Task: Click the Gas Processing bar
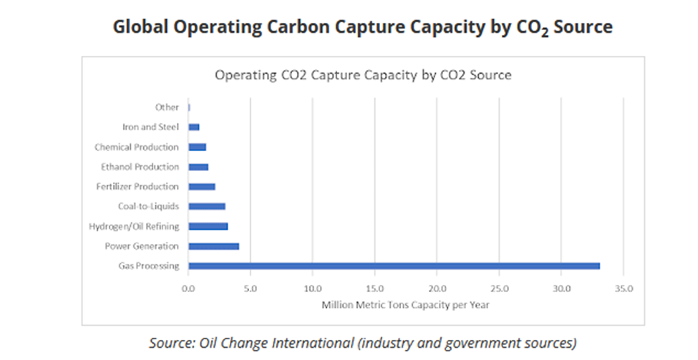click(x=394, y=266)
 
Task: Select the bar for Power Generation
click(x=213, y=246)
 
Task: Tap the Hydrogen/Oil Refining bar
click(x=208, y=226)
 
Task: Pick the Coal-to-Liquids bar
click(x=207, y=206)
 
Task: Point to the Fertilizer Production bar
click(x=202, y=187)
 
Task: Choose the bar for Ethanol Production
click(x=198, y=167)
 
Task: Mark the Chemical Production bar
click(x=198, y=147)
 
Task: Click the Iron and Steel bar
click(x=194, y=127)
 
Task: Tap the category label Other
click(x=167, y=107)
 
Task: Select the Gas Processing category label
click(x=148, y=266)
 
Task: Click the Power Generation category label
click(x=142, y=246)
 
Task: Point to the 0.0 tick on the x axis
click(x=188, y=288)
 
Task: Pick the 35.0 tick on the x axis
click(x=624, y=288)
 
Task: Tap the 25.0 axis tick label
click(x=500, y=288)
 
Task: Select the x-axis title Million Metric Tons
click(x=405, y=306)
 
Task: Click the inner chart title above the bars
click(x=363, y=74)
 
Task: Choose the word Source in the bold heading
click(x=579, y=27)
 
